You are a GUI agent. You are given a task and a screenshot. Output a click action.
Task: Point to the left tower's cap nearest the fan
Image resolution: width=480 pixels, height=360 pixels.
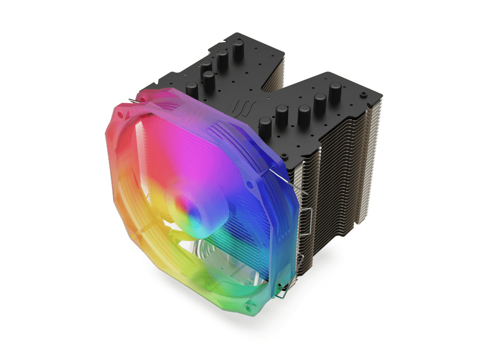[209, 78]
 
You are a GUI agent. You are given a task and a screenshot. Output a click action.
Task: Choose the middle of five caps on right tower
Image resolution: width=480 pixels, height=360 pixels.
[304, 111]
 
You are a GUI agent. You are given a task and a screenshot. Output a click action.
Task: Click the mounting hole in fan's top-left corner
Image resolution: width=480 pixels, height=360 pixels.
[125, 114]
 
